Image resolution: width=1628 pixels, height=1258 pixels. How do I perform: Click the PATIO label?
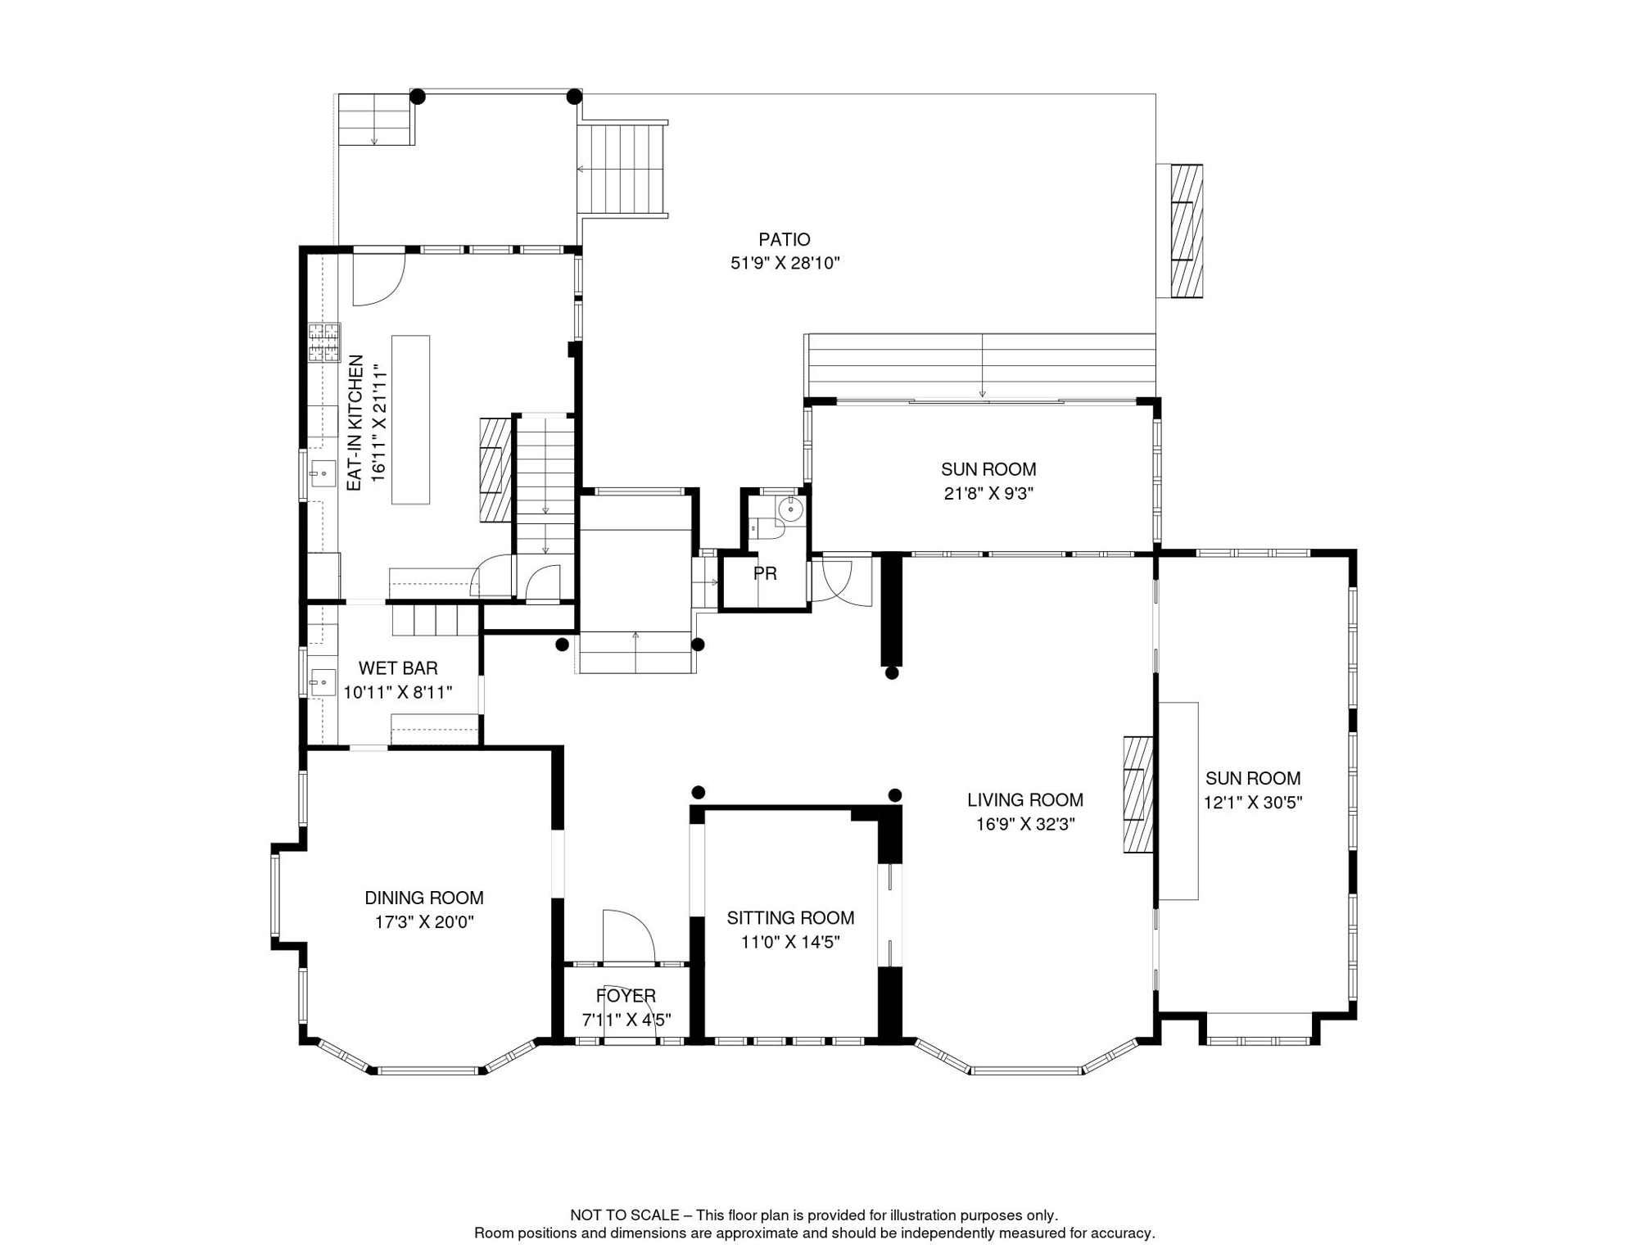tap(785, 240)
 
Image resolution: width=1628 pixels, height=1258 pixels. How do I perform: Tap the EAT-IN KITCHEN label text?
tap(355, 423)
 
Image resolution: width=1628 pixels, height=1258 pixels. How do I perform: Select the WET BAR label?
tap(398, 668)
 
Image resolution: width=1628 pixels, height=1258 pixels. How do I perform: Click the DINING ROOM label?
tap(424, 898)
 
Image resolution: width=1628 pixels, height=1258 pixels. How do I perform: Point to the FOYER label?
tap(626, 996)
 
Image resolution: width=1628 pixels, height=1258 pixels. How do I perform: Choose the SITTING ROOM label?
tap(790, 918)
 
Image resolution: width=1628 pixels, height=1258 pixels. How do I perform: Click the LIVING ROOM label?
tap(1025, 800)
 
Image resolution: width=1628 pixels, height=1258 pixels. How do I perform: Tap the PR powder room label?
tap(765, 574)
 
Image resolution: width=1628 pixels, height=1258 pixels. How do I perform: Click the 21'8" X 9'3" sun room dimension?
tap(988, 494)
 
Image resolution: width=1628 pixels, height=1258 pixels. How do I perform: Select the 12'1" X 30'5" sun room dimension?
tap(1253, 803)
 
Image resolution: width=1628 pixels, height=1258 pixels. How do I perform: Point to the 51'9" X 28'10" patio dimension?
tap(785, 264)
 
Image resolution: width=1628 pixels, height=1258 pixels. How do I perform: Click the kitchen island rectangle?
tap(410, 419)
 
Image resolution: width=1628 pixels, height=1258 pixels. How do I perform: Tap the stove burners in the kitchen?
tap(324, 342)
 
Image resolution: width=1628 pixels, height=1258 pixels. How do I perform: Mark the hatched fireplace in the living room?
tap(1138, 795)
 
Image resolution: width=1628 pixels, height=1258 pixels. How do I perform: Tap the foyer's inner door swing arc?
tap(629, 935)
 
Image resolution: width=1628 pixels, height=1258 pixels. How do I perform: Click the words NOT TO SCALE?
tap(625, 1215)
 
